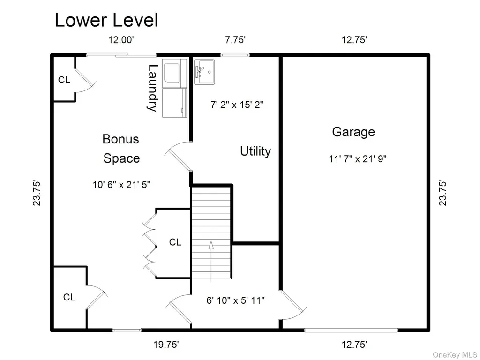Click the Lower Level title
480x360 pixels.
[x=106, y=20]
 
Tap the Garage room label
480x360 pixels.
[x=353, y=132]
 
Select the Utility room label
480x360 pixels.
[x=255, y=151]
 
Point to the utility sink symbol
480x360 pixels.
[x=204, y=72]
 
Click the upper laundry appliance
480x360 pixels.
[x=174, y=73]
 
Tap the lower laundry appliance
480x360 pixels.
[x=174, y=103]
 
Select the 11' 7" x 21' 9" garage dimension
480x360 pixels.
[x=358, y=159]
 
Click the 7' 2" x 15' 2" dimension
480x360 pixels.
[x=237, y=105]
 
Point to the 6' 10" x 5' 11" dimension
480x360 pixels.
[x=235, y=300]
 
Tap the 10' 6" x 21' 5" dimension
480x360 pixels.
[x=121, y=185]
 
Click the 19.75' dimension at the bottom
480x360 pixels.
[x=166, y=345]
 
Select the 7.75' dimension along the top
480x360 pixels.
[x=235, y=40]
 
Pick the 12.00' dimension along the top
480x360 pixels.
[x=121, y=40]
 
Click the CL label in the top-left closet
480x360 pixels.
[x=64, y=80]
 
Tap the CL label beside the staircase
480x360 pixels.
[x=175, y=242]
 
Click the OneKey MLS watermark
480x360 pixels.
[x=455, y=355]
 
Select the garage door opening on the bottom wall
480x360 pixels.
[x=351, y=330]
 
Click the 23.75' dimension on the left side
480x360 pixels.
[x=37, y=193]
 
